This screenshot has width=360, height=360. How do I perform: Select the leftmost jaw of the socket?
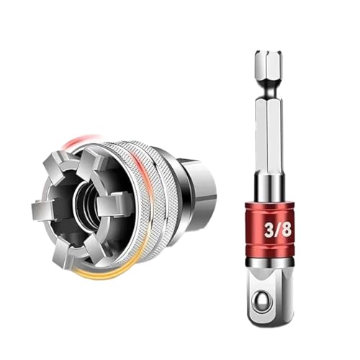[45, 210]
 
